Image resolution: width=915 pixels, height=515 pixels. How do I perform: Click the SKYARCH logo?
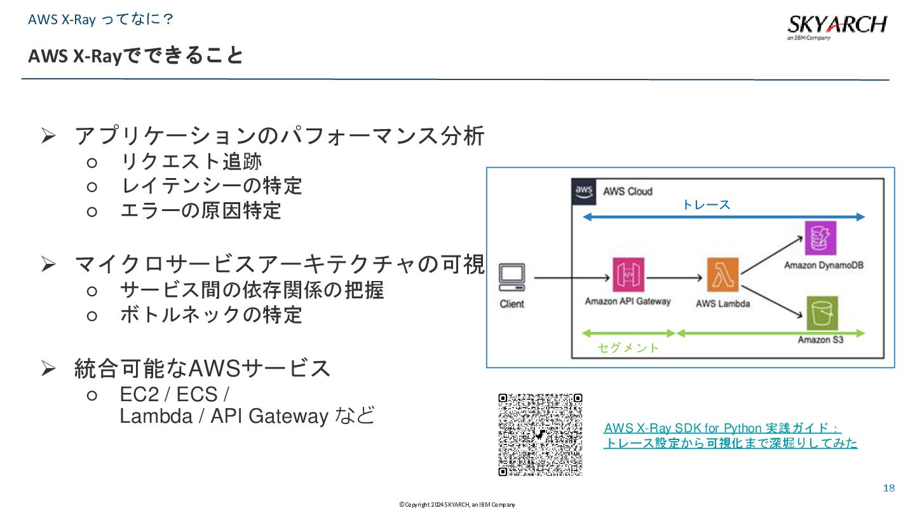pos(836,26)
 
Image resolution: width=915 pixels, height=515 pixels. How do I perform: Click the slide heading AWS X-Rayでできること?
pos(135,56)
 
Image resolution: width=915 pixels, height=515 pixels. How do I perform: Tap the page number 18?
pos(889,488)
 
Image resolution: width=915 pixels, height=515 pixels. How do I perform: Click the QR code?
pos(540,435)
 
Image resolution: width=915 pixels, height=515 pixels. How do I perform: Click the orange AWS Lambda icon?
pos(722,275)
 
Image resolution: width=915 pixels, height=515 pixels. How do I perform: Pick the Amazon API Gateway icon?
pos(628,275)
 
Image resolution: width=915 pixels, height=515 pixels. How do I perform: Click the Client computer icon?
pos(512,278)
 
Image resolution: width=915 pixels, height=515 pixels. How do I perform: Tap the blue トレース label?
pos(706,205)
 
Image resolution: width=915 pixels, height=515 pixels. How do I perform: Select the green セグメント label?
pos(628,348)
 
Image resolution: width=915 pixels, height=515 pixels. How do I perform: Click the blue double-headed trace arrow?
pos(724,217)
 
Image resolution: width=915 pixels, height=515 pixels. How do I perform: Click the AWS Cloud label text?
pos(627,191)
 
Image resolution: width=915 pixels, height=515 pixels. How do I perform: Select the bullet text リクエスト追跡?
pos(191,161)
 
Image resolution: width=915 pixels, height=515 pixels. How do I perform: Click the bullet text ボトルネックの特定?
pos(211,314)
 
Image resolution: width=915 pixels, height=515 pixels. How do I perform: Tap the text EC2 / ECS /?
pos(175,394)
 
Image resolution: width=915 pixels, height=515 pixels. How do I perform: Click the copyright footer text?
pos(457,505)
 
